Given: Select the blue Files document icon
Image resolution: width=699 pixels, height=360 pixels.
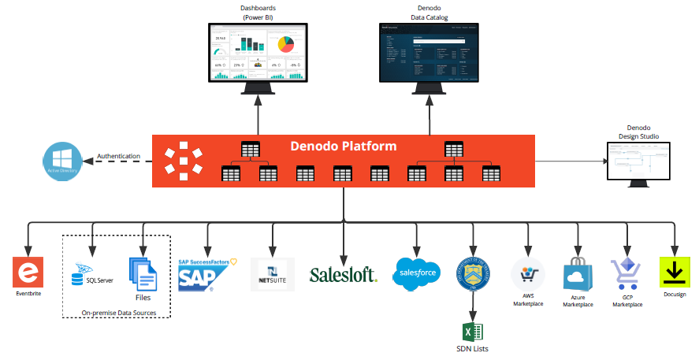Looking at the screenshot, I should pyautogui.click(x=142, y=275).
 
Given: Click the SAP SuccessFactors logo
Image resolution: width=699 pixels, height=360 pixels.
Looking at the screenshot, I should pyautogui.click(x=206, y=273).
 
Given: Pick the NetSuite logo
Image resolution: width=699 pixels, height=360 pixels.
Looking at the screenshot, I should pyautogui.click(x=272, y=274).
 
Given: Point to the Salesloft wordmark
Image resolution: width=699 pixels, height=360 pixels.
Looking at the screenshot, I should pyautogui.click(x=343, y=274).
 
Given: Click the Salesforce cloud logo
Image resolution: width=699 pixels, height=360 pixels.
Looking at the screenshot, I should pyautogui.click(x=416, y=274).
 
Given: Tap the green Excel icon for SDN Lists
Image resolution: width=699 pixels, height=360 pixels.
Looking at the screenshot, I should pyautogui.click(x=473, y=332).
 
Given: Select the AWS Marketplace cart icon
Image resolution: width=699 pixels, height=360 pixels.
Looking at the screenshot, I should pyautogui.click(x=527, y=274).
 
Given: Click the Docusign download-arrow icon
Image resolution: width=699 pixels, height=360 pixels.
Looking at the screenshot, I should pyautogui.click(x=675, y=273).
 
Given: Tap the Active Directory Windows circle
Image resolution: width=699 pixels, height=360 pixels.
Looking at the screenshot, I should pyautogui.click(x=63, y=160).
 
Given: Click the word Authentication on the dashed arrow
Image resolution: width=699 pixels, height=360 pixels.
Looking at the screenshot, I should pyautogui.click(x=118, y=156).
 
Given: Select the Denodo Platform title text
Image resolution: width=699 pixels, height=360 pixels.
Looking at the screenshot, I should pyautogui.click(x=344, y=147).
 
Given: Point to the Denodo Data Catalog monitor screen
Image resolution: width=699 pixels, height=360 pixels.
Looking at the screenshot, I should pyautogui.click(x=429, y=52).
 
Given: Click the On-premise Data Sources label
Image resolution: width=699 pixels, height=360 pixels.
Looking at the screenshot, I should pyautogui.click(x=118, y=313).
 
